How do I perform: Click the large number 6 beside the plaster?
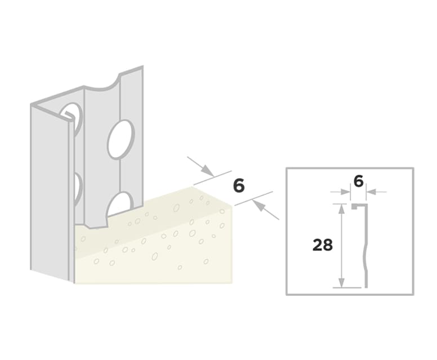pos(239,186)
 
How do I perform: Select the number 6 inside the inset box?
pos(358,182)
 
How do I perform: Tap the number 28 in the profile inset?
pos(323,245)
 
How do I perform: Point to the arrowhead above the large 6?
pos(208,170)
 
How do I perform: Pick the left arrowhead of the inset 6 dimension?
pos(346,192)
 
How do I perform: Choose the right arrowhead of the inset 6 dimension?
pos(371,192)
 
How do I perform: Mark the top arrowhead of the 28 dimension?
pos(341,208)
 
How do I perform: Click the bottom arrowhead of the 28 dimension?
pos(341,282)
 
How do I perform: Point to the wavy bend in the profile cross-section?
pos(365,258)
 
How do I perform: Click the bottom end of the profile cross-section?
pos(366,286)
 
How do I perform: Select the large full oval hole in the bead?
pos(121,139)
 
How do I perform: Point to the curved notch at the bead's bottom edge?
pos(96,223)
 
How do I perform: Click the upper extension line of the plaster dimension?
pos(213,177)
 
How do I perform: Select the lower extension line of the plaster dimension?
pos(253,198)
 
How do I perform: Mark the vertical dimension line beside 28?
pos(341,246)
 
